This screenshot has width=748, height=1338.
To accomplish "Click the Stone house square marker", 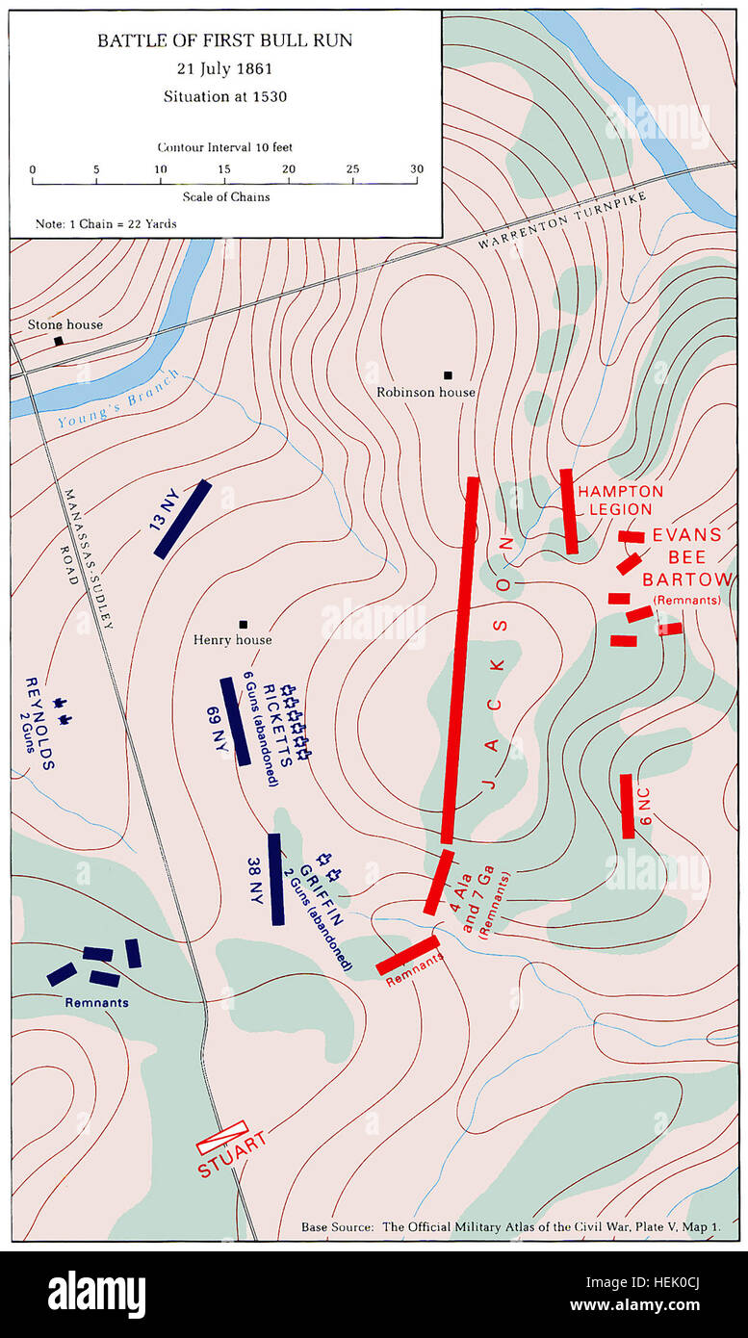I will tap(59, 341).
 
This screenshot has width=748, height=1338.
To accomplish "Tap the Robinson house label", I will tap(426, 392).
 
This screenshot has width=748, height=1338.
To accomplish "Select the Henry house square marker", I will tap(244, 624).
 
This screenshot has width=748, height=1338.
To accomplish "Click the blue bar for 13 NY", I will tap(182, 519).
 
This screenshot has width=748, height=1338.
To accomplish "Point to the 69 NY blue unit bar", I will tap(235, 721).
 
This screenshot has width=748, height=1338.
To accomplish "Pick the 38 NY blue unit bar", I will tap(276, 879).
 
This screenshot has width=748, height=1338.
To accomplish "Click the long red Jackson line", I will tap(460, 660).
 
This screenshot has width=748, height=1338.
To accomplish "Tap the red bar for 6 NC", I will tap(627, 806).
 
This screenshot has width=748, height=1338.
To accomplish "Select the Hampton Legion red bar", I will tap(570, 511).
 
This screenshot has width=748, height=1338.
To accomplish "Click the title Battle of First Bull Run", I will tap(224, 40).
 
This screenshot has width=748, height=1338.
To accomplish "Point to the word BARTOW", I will tap(686, 579).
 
